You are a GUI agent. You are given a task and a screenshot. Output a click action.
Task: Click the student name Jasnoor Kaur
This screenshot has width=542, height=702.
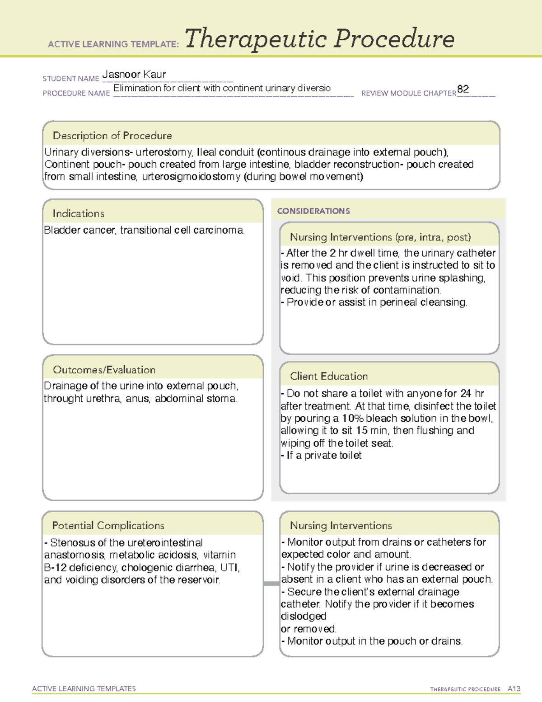click(134, 74)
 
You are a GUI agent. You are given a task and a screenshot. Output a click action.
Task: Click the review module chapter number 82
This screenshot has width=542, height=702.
click(463, 89)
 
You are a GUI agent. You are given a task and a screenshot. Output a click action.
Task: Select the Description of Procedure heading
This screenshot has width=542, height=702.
click(112, 136)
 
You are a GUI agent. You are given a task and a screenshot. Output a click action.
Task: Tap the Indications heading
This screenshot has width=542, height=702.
click(79, 213)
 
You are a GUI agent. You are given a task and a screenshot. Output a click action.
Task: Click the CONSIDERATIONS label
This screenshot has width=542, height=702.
click(313, 211)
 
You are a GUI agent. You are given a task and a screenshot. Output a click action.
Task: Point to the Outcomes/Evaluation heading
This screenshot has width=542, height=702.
click(104, 370)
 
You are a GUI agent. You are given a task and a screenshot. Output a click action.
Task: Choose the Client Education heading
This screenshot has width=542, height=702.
click(329, 376)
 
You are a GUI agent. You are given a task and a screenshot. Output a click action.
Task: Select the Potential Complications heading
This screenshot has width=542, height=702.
click(108, 525)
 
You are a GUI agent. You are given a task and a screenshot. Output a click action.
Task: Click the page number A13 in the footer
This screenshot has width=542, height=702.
click(514, 689)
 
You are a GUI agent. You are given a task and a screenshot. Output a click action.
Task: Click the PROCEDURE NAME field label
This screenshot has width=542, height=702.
click(76, 93)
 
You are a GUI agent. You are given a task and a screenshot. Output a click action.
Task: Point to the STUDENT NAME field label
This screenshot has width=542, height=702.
click(71, 79)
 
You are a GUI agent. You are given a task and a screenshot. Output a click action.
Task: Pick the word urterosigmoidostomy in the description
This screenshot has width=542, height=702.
click(191, 176)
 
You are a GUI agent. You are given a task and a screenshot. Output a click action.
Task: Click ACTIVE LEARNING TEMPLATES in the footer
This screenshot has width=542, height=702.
click(84, 688)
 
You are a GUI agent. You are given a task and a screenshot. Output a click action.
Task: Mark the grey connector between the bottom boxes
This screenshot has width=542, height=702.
click(271, 584)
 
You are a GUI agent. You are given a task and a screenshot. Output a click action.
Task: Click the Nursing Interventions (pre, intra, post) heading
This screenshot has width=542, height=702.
click(380, 237)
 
